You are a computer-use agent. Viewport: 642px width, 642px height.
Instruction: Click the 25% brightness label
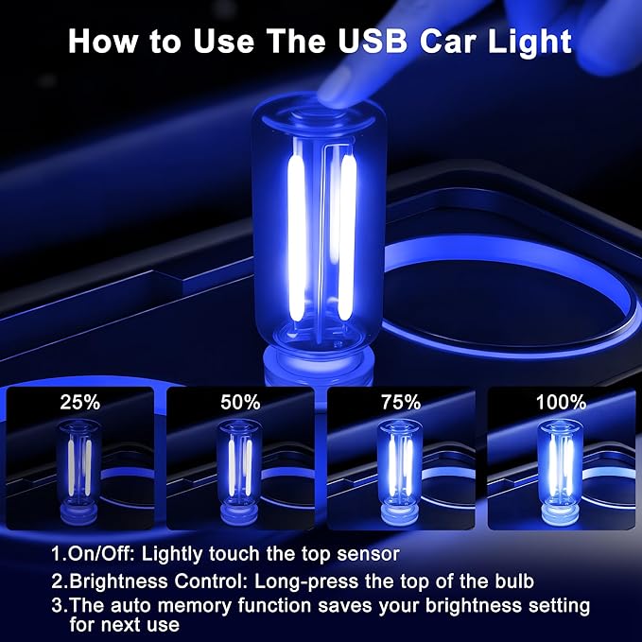(79, 402)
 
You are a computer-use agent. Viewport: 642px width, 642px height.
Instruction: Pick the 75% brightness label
(400, 402)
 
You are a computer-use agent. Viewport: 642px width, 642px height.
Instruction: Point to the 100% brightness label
(560, 402)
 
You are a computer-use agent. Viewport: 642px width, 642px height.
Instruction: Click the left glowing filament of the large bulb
(294, 236)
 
